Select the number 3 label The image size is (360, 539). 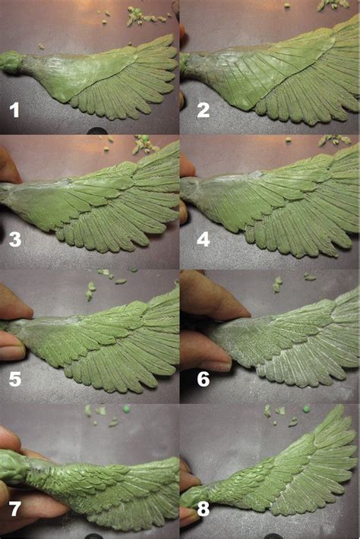point(14,242)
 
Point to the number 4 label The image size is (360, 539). point(202,242)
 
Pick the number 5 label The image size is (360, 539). point(14,377)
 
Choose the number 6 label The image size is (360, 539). point(203,377)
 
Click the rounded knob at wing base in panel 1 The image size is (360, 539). point(11,61)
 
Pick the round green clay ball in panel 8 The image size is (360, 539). point(305,408)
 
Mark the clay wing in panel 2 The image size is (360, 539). point(273,76)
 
